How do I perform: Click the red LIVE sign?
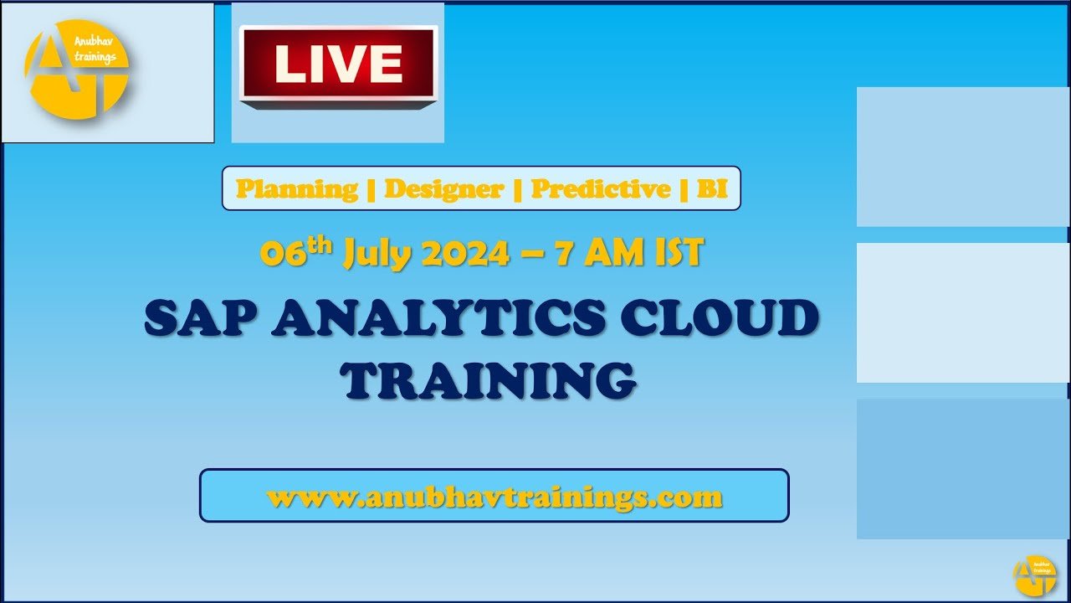point(339,66)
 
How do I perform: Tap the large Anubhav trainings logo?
point(76,70)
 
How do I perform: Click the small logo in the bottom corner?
point(1035,575)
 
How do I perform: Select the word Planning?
point(297,188)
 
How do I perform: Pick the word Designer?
point(443,188)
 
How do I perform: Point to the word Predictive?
point(601,188)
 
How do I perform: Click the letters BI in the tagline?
point(712,188)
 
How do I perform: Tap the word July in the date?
point(377,254)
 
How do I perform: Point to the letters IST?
point(679,253)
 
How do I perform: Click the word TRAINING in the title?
point(490,380)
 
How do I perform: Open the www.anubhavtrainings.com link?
point(495,497)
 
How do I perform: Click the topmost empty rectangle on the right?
point(963,157)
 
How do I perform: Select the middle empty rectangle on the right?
point(963,312)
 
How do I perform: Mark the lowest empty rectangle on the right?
point(963,469)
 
